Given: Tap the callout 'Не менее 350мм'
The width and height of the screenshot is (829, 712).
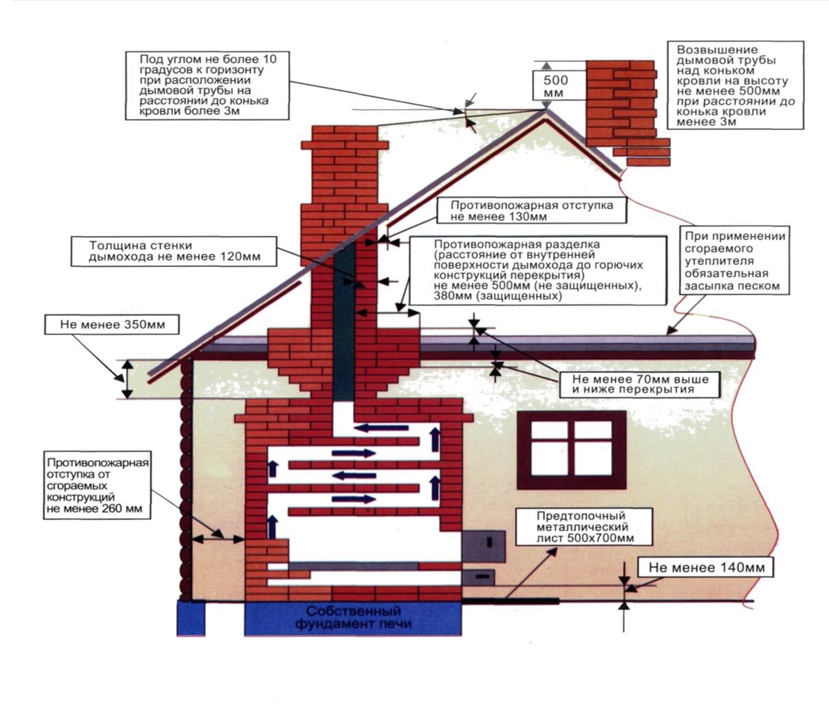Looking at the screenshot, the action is pos(112,325).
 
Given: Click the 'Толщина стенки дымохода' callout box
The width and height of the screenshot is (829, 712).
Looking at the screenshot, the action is pos(174,251).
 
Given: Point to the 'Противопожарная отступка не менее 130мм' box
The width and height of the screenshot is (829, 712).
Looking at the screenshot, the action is pos(532,211).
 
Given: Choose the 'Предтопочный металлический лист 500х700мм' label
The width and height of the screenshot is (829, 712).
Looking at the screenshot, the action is pos(585,527).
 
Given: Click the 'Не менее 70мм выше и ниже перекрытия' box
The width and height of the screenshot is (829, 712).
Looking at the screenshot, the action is pos(640,385).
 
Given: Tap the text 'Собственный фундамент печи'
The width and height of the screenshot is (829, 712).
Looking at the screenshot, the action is pos(354,618).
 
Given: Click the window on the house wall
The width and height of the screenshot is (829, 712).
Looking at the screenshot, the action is pos(571,450).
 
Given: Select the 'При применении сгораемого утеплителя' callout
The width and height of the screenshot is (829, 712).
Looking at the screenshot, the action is pos(735,260).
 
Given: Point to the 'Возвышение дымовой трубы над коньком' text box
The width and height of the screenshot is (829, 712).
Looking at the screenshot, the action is pos(735,85).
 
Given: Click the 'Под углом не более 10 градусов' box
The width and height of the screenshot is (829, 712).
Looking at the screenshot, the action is pos(207,85).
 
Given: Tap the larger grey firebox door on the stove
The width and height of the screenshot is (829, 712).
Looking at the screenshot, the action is pos(484,546).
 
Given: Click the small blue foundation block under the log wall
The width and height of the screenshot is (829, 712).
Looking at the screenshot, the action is pos(191,618).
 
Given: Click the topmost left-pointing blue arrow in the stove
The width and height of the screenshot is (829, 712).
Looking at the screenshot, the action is pos(381,428).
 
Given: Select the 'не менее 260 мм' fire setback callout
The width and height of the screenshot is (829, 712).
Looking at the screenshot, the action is pos(97,486).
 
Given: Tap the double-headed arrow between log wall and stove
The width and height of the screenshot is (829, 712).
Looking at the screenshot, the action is pos(219,539).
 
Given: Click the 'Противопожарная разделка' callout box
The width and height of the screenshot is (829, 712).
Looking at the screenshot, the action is pos(538,270).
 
